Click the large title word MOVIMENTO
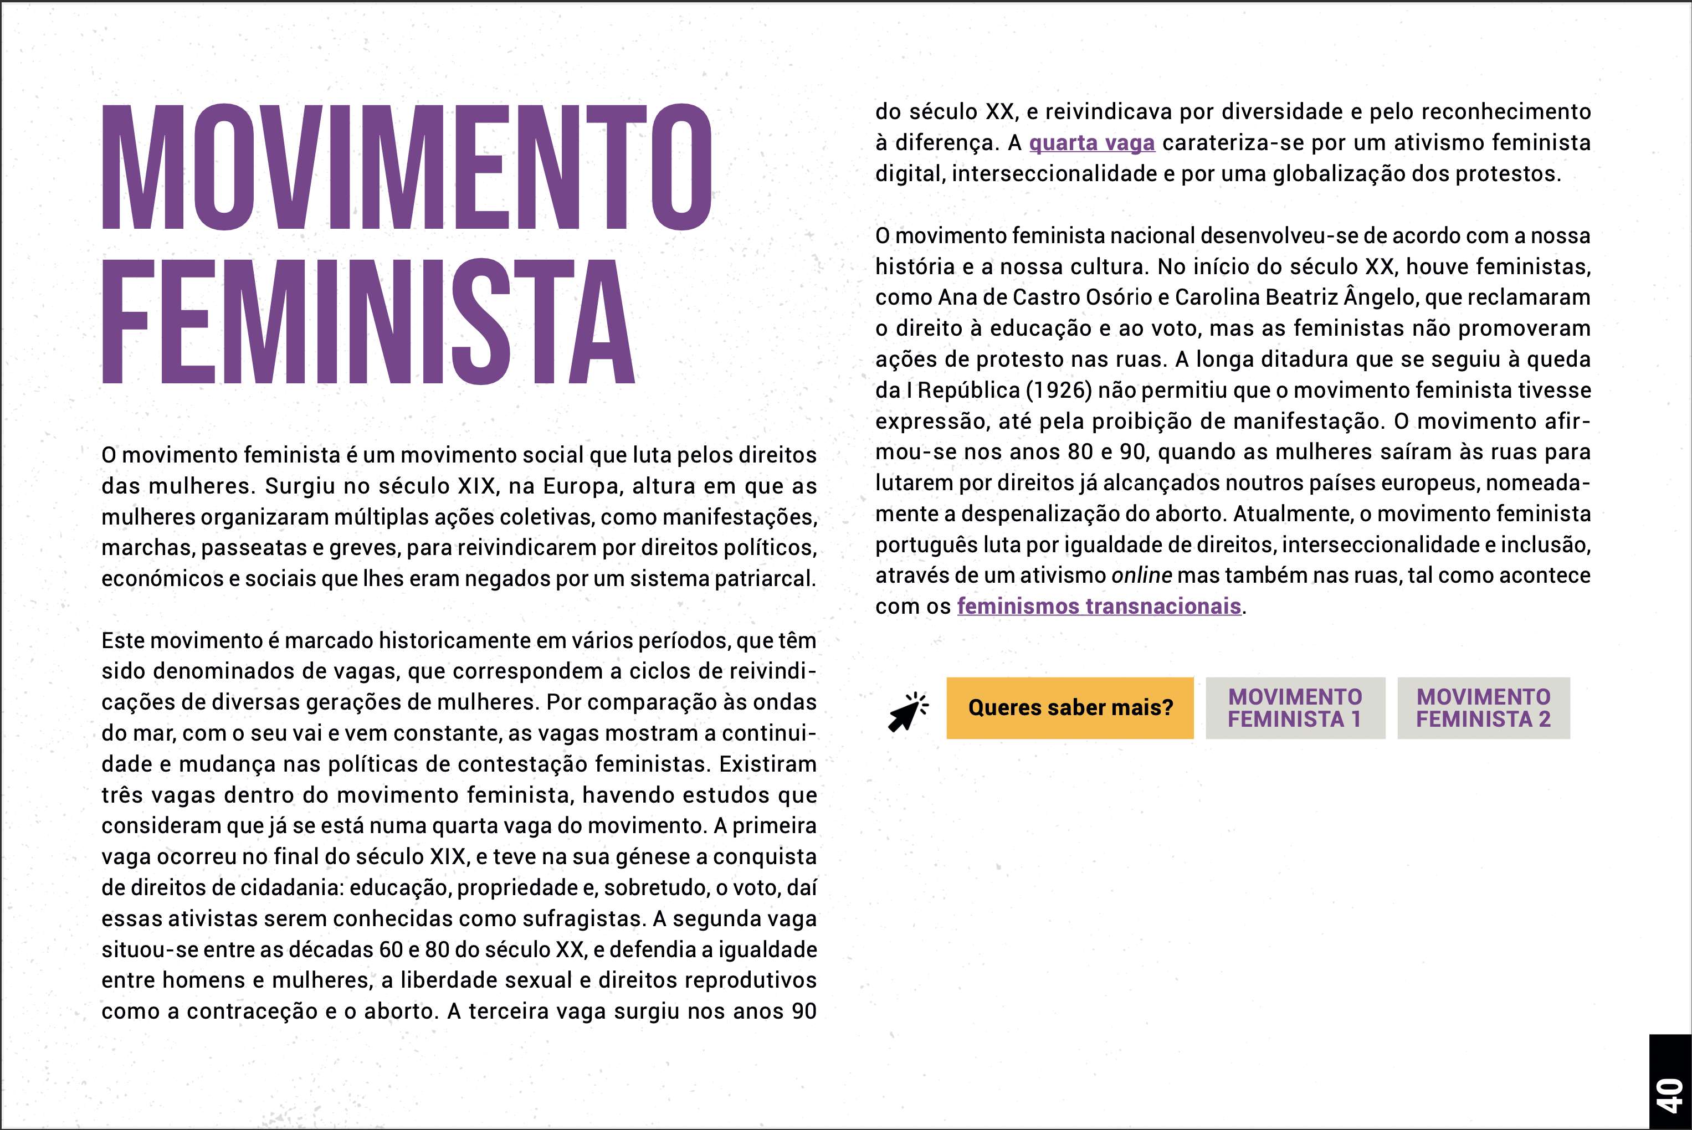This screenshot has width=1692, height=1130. click(407, 167)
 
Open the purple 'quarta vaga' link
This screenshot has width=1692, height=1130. click(1092, 143)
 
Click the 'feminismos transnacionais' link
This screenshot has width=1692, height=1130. click(1099, 607)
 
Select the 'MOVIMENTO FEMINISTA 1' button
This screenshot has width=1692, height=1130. click(1295, 708)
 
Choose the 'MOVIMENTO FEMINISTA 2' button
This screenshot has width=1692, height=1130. click(1483, 708)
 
